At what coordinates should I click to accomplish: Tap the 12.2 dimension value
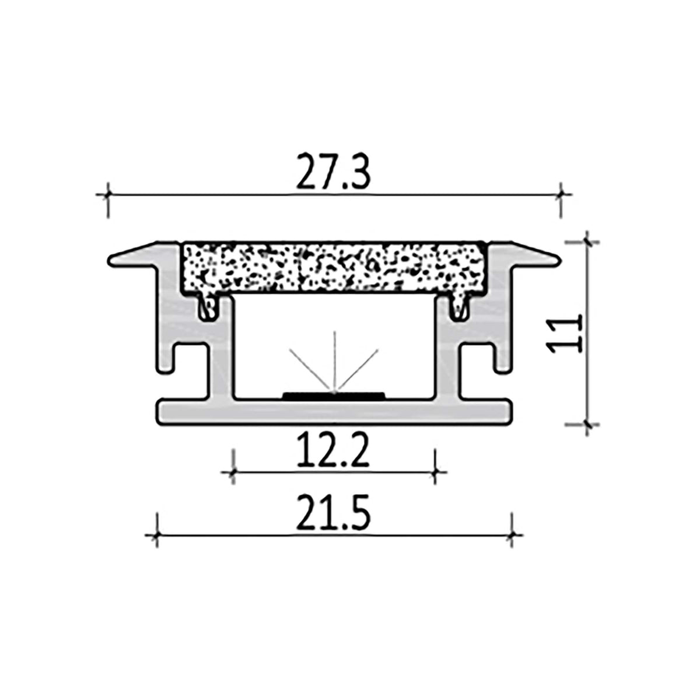pyautogui.click(x=333, y=453)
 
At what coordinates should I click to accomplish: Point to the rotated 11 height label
pyautogui.click(x=565, y=333)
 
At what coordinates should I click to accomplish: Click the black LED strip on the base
pyautogui.click(x=333, y=395)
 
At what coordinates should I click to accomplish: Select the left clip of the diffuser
pyautogui.click(x=206, y=307)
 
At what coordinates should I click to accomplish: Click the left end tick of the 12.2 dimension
pyautogui.click(x=233, y=470)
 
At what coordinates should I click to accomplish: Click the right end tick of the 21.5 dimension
pyautogui.click(x=511, y=534)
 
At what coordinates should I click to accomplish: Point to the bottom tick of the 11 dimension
pyautogui.click(x=587, y=424)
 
